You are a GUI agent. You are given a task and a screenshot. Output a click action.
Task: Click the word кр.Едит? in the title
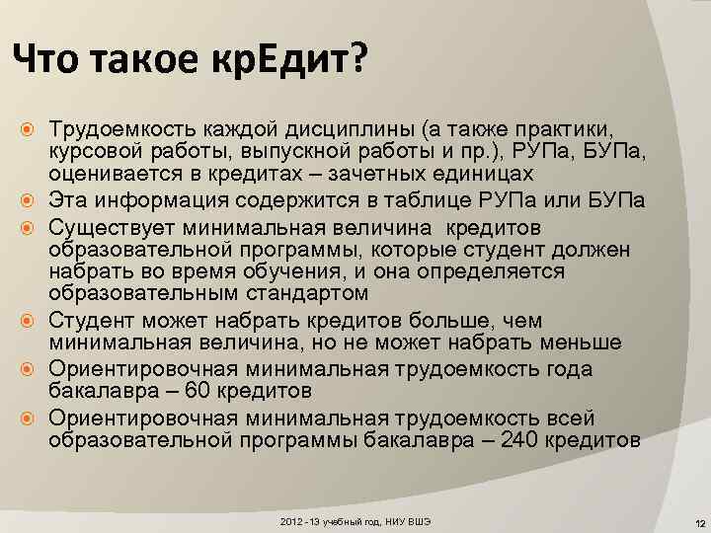(287, 63)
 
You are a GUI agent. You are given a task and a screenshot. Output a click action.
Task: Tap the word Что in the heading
(49, 63)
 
